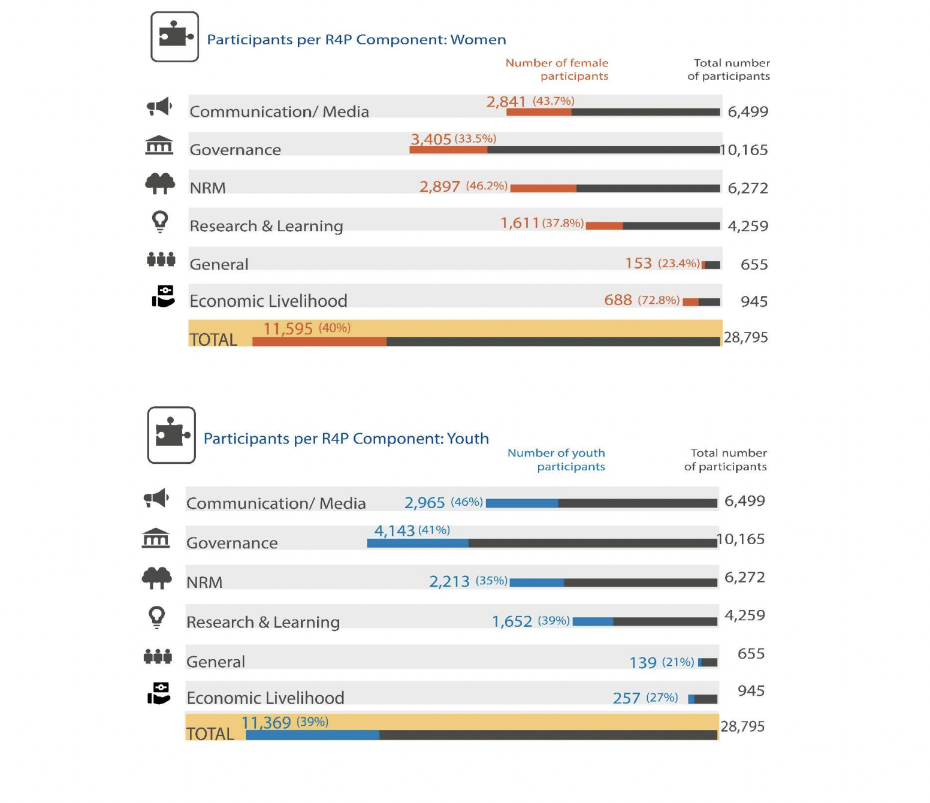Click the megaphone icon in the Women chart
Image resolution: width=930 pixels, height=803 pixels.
pyautogui.click(x=159, y=107)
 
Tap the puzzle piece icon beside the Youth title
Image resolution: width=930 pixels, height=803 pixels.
pyautogui.click(x=171, y=435)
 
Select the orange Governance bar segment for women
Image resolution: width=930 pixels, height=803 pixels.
pyautogui.click(x=448, y=150)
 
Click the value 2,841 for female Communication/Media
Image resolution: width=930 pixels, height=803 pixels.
pyautogui.click(x=506, y=102)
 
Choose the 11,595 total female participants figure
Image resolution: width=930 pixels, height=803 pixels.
pyautogui.click(x=288, y=329)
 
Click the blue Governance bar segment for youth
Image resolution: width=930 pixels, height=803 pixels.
pyautogui.click(x=418, y=544)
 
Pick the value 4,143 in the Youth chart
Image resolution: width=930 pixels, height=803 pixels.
pyautogui.click(x=394, y=531)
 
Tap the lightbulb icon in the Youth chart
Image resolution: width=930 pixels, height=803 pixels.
pyautogui.click(x=157, y=617)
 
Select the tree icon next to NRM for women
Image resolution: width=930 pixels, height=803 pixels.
pyautogui.click(x=160, y=183)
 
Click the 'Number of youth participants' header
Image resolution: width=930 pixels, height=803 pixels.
pyautogui.click(x=556, y=460)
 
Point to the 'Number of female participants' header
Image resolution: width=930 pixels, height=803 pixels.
pyautogui.click(x=557, y=70)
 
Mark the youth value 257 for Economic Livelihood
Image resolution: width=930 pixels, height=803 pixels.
pyautogui.click(x=626, y=698)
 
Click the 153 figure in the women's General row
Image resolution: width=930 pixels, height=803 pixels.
pyautogui.click(x=638, y=264)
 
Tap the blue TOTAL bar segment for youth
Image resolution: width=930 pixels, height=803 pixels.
pyautogui.click(x=313, y=735)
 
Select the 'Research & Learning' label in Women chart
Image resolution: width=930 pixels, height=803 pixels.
pyautogui.click(x=266, y=226)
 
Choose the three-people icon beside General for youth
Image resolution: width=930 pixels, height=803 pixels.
pyautogui.click(x=158, y=657)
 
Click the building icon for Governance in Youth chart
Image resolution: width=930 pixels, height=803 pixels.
pyautogui.click(x=156, y=538)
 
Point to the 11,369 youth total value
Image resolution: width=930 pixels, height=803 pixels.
pyautogui.click(x=266, y=723)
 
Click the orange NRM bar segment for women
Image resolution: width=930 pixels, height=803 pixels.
pyautogui.click(x=543, y=188)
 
